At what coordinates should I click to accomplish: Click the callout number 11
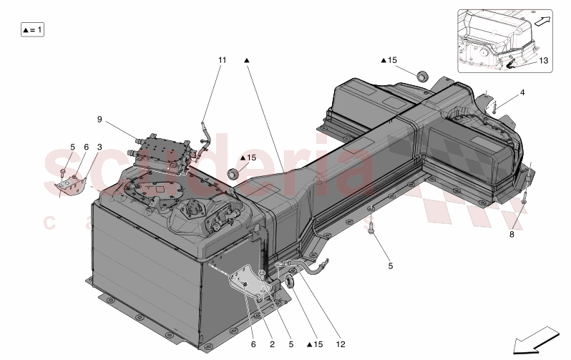pos(222,60)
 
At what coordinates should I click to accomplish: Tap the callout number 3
pos(99,147)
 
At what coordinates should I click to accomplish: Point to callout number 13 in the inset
pos(544,61)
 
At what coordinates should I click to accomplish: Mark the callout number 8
pos(512,233)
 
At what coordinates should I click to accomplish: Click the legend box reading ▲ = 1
pos(33,30)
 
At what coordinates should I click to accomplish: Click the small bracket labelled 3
pos(70,185)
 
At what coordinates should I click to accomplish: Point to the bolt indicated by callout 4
pos(494,107)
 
